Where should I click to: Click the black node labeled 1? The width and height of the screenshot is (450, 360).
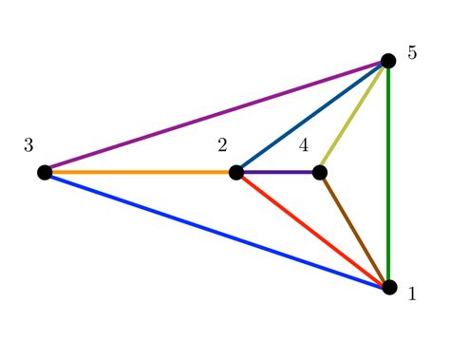coord(389,287)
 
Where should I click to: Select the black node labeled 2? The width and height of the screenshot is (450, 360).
coord(236,172)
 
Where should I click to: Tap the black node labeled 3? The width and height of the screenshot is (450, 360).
coord(45,172)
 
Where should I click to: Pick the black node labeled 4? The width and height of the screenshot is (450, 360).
coord(320,172)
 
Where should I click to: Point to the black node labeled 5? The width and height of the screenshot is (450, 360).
coord(388,61)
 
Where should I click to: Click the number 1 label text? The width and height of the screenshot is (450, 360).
coord(412,294)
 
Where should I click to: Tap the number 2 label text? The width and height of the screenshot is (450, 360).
coord(222,145)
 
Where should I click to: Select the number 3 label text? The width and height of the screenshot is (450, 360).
coord(28,145)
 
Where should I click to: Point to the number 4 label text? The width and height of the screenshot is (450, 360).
coord(304,145)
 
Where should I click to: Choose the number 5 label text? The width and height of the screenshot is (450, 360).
coord(412,53)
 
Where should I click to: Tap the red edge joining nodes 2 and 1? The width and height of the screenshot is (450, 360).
coord(312,229)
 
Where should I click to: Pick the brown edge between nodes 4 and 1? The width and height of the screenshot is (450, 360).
coord(354,229)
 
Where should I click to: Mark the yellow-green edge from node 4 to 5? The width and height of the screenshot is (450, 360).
coord(354,116)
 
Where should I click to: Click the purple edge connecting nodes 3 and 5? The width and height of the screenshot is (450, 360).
coord(216,116)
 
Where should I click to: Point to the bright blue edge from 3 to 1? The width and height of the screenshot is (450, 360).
coord(216,229)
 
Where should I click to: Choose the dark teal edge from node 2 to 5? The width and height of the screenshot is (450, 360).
coord(312,116)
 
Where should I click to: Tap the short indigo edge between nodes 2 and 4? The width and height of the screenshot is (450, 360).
coord(278,172)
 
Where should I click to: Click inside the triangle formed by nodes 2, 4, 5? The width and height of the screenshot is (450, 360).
coord(315,135)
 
